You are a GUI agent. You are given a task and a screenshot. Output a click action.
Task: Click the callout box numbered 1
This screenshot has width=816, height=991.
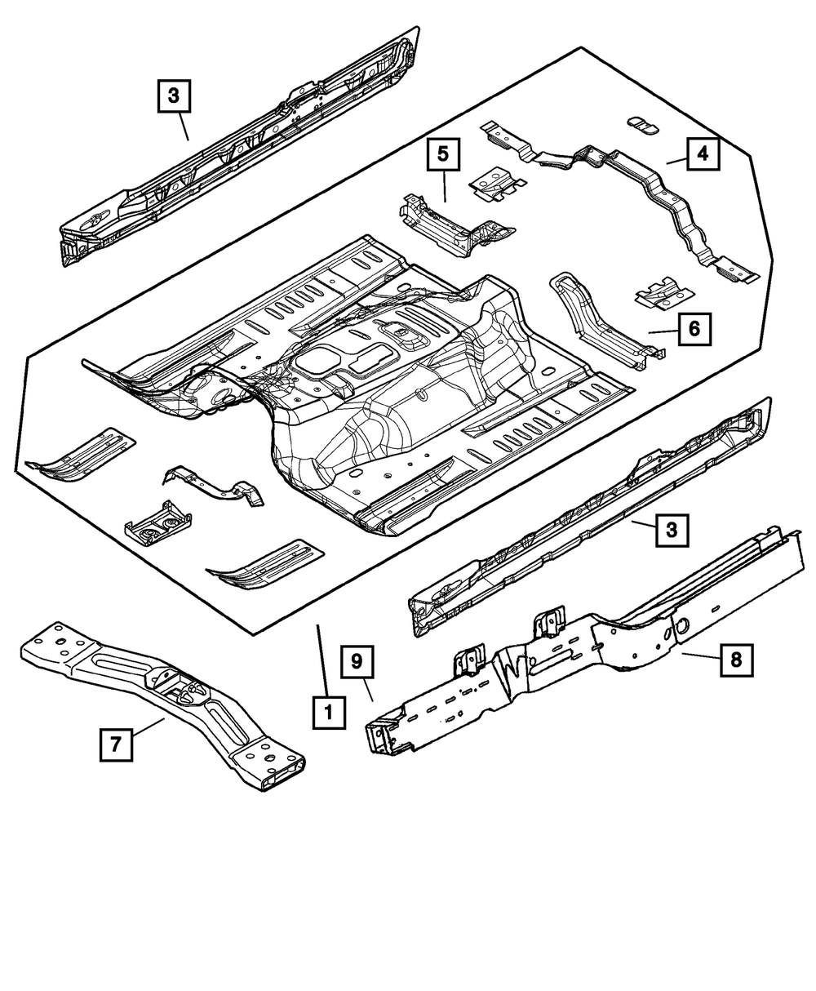point(328,713)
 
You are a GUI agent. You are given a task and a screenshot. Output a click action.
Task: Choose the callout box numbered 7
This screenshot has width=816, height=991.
point(116,744)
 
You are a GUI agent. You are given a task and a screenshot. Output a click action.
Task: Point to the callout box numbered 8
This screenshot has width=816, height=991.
point(736,660)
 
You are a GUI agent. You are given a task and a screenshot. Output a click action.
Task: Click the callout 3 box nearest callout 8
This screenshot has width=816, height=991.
point(671,530)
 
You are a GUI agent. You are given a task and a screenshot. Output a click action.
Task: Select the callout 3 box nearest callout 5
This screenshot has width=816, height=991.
point(174,96)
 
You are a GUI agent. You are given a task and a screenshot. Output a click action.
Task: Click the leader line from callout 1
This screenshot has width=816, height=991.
point(323,661)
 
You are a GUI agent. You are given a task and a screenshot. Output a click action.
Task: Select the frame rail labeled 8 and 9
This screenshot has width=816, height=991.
point(571,645)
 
